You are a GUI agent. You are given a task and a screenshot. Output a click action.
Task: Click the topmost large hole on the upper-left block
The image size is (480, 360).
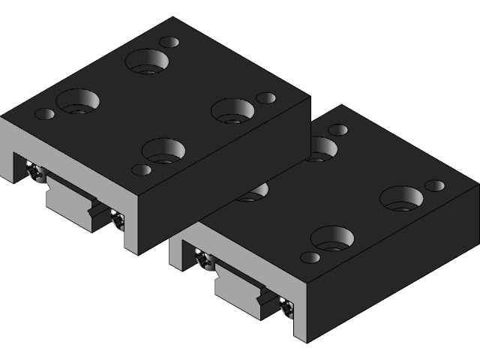coord(147,61)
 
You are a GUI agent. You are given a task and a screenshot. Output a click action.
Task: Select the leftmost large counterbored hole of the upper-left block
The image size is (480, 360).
coord(78,101)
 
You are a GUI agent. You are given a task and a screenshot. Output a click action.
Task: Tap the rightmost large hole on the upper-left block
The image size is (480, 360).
coord(232,111)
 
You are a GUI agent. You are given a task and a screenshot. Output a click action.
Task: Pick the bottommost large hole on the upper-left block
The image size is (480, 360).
coord(163,151)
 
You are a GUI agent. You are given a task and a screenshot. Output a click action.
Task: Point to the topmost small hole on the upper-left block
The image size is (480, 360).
coord(169,42)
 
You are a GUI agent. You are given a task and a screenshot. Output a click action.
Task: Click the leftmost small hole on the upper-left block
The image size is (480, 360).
coord(45,114)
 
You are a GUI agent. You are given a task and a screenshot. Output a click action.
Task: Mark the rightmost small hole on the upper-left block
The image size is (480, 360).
coord(266,98)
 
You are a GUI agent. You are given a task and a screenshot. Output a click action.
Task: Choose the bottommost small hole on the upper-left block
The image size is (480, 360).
coord(141,169)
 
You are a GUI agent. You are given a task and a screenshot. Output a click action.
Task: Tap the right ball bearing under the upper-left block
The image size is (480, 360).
coord(117,219)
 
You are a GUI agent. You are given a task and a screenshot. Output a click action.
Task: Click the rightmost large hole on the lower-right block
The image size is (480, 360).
coord(401,199)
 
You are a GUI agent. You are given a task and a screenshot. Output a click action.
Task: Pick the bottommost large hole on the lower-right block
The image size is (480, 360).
coord(332,238)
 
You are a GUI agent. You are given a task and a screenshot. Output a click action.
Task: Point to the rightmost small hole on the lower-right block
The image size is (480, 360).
coord(435,185)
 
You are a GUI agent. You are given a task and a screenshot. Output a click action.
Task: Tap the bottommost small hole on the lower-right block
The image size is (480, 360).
coord(310,257)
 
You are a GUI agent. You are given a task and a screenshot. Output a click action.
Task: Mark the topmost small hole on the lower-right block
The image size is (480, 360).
coord(338,130)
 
